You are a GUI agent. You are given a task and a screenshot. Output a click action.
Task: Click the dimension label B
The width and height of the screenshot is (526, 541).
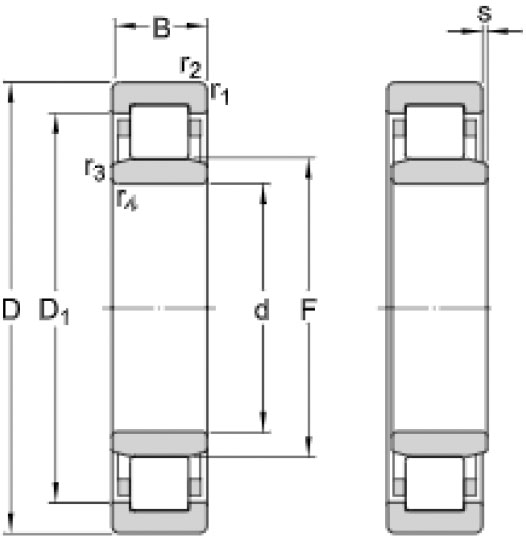(161, 28)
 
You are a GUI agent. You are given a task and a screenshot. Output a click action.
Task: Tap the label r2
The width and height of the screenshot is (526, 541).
(191, 67)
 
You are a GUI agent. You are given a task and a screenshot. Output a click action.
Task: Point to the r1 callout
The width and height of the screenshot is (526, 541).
(220, 92)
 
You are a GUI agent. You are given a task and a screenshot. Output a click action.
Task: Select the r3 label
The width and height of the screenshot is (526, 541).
(95, 169)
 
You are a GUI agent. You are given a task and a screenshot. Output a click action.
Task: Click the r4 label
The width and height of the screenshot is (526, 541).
(127, 199)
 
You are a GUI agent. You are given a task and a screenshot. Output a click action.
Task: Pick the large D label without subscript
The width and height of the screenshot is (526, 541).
(11, 309)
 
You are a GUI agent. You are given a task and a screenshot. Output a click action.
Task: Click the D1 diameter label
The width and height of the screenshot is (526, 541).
(54, 311)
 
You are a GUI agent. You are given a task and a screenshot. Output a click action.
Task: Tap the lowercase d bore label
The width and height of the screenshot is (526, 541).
(261, 309)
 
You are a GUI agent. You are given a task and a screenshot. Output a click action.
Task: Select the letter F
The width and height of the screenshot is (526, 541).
(308, 309)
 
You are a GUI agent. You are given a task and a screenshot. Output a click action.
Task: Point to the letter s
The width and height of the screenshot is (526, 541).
(485, 14)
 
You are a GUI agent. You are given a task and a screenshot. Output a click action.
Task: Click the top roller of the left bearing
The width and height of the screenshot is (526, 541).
(159, 131)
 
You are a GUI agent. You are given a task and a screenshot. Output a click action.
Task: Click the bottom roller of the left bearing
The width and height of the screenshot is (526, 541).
(159, 483)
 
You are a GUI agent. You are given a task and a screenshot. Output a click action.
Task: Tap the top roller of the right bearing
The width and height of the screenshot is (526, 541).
(435, 131)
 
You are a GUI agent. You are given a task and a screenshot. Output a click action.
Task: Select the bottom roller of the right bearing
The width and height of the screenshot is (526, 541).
(435, 483)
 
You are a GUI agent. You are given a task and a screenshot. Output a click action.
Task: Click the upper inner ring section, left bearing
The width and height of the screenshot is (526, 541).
(159, 172)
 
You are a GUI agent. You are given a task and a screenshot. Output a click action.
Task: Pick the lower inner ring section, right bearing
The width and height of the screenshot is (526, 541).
(439, 442)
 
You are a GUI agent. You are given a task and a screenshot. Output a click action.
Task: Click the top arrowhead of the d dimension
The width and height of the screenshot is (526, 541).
(263, 194)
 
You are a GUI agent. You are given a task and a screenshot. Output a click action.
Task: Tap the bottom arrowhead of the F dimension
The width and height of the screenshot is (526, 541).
(309, 446)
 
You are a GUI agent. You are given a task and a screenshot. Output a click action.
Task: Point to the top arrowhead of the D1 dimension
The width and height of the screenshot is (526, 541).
(55, 124)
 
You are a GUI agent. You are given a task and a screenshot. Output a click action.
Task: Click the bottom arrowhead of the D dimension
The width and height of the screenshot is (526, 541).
(11, 524)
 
